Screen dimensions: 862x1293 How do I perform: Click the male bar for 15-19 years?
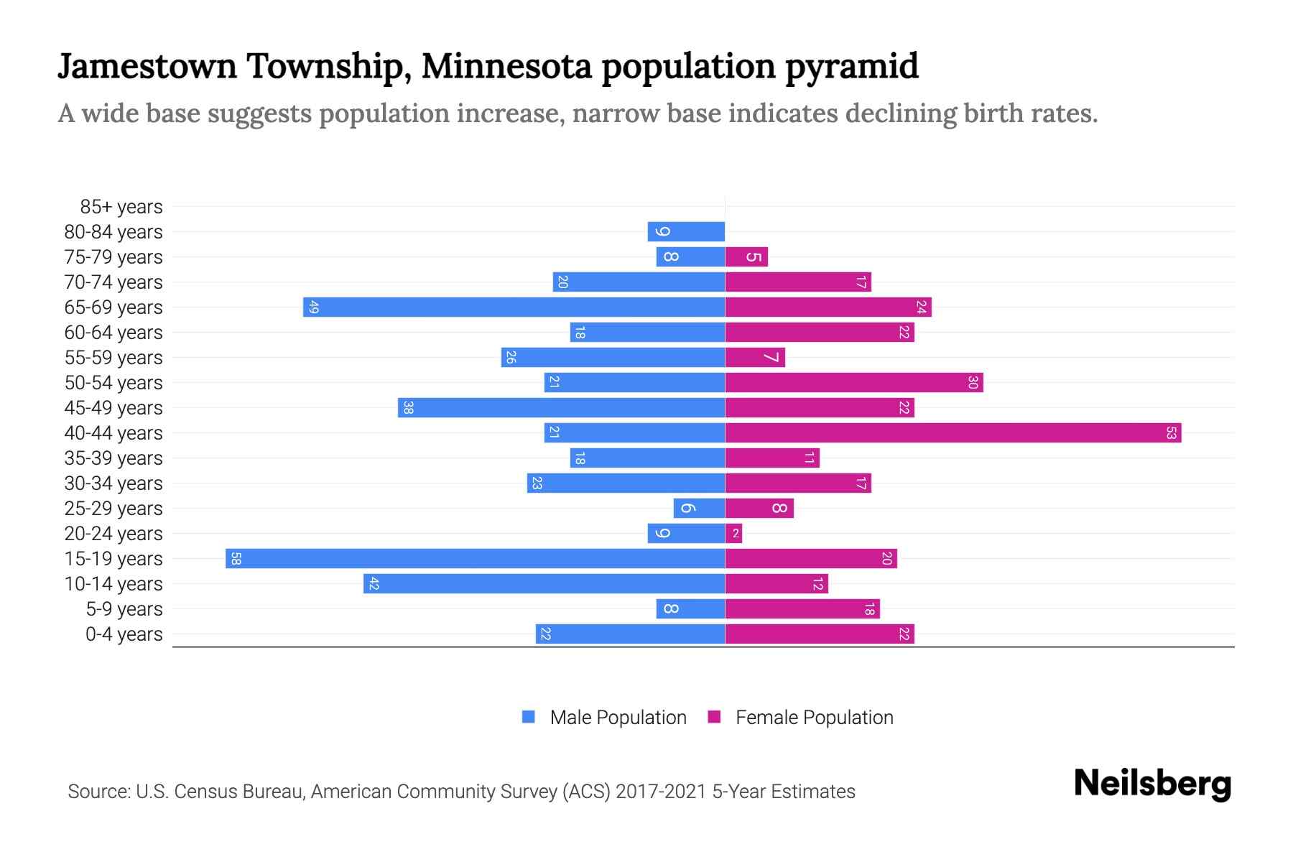[475, 558]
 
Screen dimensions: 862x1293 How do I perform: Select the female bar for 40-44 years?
[953, 432]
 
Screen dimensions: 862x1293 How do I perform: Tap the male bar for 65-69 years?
[514, 307]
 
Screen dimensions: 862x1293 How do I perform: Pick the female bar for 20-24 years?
[733, 533]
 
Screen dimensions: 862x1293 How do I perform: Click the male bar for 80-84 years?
[686, 231]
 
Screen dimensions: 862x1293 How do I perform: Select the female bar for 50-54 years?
[854, 382]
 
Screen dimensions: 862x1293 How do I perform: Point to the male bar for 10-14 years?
[544, 583]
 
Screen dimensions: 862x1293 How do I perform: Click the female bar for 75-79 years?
[746, 256]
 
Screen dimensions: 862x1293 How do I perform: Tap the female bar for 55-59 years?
[755, 357]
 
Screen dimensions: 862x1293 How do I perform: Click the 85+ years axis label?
[121, 207]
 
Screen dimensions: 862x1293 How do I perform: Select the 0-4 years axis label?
[124, 634]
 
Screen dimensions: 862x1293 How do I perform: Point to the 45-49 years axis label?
[113, 408]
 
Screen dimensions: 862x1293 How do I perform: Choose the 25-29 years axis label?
[113, 509]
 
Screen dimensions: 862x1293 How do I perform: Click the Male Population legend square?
[529, 717]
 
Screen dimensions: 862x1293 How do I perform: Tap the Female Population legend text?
[814, 718]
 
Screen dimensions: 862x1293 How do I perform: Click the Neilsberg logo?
[1152, 784]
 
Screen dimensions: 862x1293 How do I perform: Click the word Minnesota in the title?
[506, 66]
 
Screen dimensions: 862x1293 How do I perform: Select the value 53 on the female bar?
[1171, 432]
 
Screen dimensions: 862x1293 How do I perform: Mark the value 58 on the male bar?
[236, 558]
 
